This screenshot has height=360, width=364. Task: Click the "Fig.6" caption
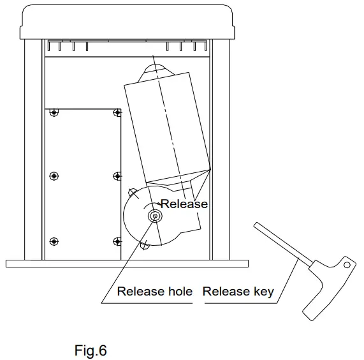pyautogui.click(x=90, y=350)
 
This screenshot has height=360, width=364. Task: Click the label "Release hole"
pyautogui.click(x=154, y=292)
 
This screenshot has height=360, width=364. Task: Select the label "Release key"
pyautogui.click(x=238, y=292)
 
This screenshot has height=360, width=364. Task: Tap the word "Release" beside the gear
pyautogui.click(x=184, y=204)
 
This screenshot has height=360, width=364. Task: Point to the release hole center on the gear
pyautogui.click(x=154, y=217)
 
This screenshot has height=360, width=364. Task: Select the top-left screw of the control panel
pyautogui.click(x=54, y=112)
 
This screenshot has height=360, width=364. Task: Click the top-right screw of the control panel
pyautogui.click(x=117, y=112)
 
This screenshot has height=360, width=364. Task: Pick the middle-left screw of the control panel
pyautogui.click(x=54, y=176)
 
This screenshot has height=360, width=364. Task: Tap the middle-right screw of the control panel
pyautogui.click(x=117, y=176)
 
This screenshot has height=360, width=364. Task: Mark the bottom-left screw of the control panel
pyautogui.click(x=54, y=241)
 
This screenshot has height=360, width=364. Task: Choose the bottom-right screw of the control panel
pyautogui.click(x=117, y=241)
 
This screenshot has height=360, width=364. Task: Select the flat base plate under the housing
pyautogui.click(x=127, y=263)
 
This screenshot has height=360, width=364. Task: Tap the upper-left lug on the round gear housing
pyautogui.click(x=131, y=191)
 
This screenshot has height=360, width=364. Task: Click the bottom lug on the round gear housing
pyautogui.click(x=145, y=242)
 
